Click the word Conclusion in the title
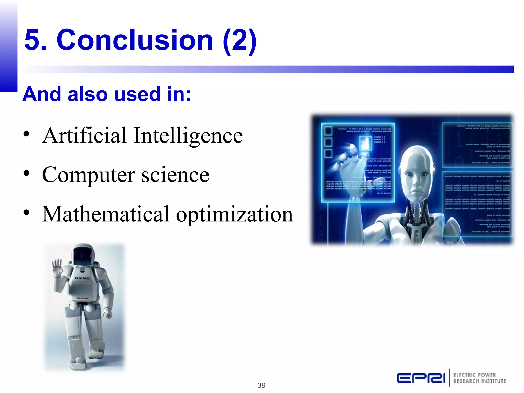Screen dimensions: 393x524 click(135, 40)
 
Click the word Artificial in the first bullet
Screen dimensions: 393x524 click(84, 135)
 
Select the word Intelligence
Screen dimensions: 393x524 click(188, 136)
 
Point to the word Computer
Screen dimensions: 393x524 click(88, 176)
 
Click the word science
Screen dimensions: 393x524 click(175, 175)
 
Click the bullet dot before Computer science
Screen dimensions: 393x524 click(26, 173)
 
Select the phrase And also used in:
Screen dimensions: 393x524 click(106, 94)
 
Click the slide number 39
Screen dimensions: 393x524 click(261, 385)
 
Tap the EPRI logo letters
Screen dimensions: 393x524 click(421, 378)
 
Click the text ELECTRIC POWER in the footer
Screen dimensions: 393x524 click(475, 375)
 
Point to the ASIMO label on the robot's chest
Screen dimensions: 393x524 click(82, 278)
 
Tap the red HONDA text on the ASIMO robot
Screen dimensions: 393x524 click(82, 298)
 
